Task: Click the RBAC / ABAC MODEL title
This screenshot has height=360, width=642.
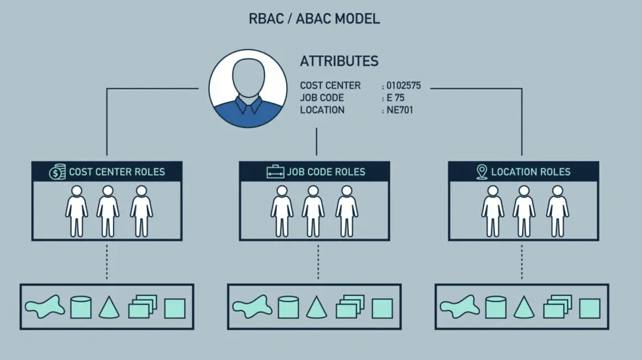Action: (314, 19)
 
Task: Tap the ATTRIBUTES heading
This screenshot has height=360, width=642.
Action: (339, 61)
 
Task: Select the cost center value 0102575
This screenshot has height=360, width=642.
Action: (404, 85)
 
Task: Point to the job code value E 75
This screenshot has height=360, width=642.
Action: (395, 98)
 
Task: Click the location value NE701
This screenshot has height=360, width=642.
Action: (400, 110)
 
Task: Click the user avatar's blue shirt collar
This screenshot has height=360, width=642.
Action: (248, 105)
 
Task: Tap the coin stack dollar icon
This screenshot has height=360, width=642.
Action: (57, 172)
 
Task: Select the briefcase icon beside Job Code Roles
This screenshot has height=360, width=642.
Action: (275, 172)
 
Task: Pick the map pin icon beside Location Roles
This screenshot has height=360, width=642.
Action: (482, 172)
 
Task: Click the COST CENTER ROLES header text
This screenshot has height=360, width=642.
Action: (117, 172)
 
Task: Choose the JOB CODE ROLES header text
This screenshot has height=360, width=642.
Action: (326, 172)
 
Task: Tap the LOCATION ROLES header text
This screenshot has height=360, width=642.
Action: (530, 172)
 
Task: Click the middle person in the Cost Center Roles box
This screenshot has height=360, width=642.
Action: (108, 211)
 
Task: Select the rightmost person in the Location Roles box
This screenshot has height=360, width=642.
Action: (558, 211)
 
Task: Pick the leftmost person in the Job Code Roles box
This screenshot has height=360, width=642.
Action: (282, 211)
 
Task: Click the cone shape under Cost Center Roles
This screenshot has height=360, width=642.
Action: (110, 308)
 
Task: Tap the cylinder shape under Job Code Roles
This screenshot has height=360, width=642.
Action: (288, 307)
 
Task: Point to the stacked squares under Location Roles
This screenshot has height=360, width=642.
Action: (558, 307)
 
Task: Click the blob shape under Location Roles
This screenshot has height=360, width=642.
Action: (460, 307)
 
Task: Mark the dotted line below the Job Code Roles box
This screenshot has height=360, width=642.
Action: (318, 262)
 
